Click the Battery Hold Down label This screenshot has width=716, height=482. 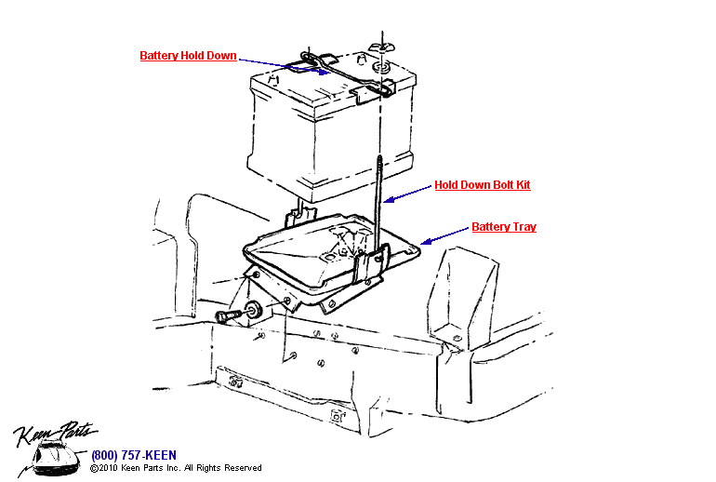point(188,56)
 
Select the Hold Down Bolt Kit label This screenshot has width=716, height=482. point(482,185)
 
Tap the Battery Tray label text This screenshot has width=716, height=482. point(503,227)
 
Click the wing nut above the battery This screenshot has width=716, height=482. point(380,47)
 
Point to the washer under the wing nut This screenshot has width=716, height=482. point(380,67)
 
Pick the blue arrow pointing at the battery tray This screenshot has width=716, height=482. point(444,234)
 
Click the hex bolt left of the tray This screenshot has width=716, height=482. point(227,317)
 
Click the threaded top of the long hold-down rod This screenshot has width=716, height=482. point(380,167)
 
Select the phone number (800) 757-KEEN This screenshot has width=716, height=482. point(129,455)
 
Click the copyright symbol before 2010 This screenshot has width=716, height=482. point(94,468)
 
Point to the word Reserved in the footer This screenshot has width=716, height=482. point(243,468)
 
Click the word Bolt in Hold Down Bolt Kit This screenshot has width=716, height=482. point(503,185)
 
